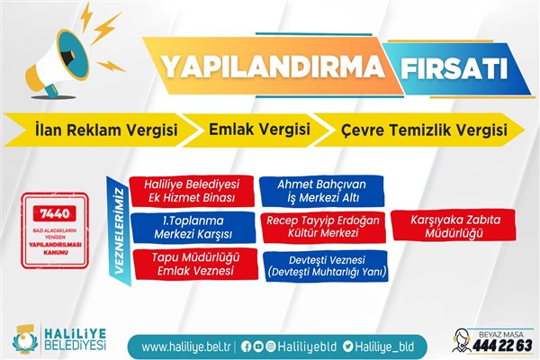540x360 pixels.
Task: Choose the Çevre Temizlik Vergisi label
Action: pyautogui.click(x=418, y=130)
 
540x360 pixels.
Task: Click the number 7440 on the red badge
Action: pyautogui.click(x=56, y=212)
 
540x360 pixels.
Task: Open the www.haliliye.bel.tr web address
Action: pyautogui.click(x=185, y=346)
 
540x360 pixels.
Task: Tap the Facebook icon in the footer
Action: pyautogui.click(x=247, y=346)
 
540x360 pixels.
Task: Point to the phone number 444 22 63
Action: pyautogui.click(x=504, y=346)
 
